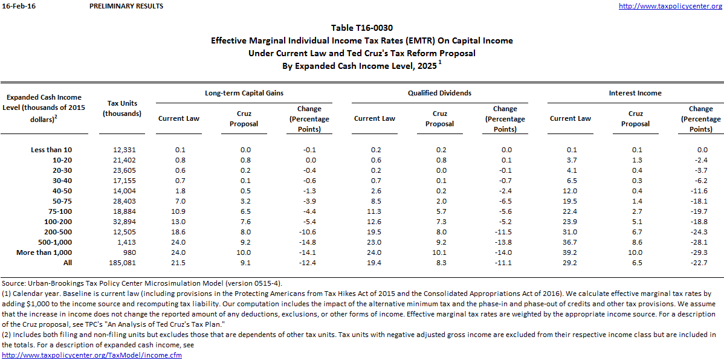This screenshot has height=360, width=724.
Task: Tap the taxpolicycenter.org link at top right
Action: click(671, 6)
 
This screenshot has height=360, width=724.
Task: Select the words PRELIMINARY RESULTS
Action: click(126, 6)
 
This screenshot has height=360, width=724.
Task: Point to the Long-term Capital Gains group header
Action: click(244, 93)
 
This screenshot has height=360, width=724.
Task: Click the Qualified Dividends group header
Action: click(439, 93)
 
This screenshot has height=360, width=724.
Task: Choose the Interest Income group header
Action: click(635, 93)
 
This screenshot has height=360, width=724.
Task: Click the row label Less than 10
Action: click(51, 150)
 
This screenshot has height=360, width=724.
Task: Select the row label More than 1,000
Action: click(44, 252)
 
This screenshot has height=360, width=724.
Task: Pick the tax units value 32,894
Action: click(124, 222)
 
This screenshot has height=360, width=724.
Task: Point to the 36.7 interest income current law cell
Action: click(570, 242)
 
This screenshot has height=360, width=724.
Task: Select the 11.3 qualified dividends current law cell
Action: click(374, 211)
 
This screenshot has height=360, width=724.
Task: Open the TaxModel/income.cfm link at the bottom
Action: click(92, 355)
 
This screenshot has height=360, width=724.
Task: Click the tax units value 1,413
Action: click(126, 242)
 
